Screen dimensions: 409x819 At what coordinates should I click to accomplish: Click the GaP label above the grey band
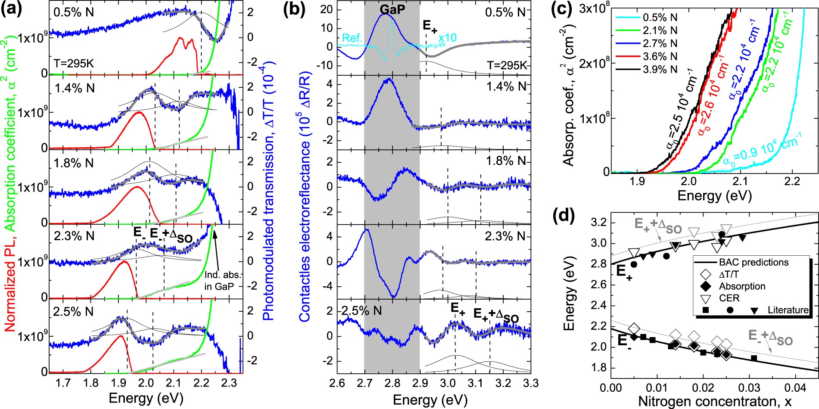point(392,9)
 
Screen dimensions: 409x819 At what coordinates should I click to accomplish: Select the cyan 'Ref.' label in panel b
point(351,38)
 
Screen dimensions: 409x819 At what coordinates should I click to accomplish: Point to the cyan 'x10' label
point(448,38)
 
